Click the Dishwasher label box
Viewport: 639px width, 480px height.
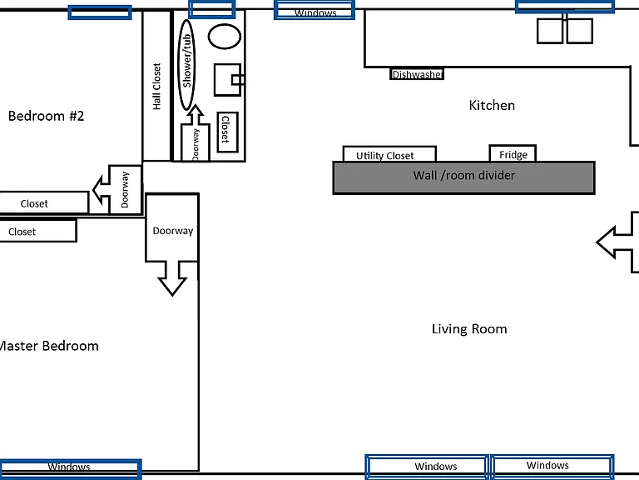[417, 74]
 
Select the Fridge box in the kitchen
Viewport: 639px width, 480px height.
[513, 154]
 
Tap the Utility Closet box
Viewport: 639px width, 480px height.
[389, 154]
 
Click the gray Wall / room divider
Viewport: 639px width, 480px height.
[463, 177]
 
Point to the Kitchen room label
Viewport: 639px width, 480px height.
[492, 105]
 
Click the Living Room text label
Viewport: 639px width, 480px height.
[469, 329]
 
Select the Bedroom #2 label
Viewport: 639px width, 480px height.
[46, 116]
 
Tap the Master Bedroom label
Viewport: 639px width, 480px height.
[49, 346]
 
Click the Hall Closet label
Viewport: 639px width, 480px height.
[157, 86]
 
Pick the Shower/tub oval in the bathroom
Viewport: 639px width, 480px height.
[186, 65]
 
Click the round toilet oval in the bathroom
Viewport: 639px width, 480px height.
[225, 37]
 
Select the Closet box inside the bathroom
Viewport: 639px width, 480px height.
[227, 132]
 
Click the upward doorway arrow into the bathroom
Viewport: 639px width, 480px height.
[196, 133]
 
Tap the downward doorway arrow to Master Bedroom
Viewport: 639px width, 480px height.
[172, 244]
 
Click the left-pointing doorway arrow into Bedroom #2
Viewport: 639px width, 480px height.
[117, 189]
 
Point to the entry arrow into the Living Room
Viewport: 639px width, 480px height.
[617, 242]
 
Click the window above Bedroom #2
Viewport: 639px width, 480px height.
[100, 12]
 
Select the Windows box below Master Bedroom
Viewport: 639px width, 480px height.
[70, 468]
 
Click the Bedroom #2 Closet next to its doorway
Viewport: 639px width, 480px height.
[44, 202]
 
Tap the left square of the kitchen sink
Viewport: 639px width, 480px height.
[550, 31]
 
